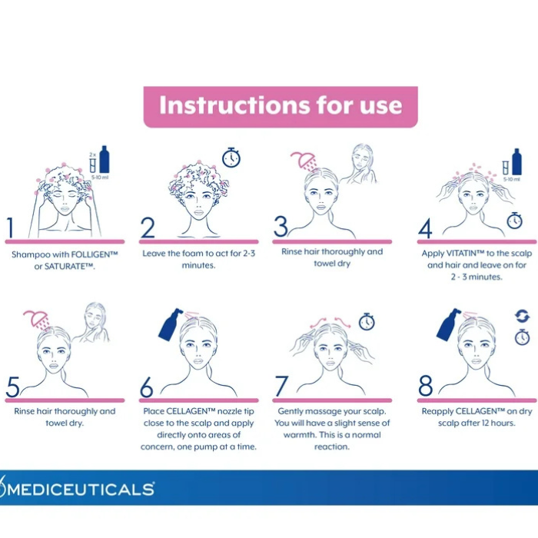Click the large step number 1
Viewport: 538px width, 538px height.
click(10, 227)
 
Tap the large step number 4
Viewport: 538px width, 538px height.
click(425, 228)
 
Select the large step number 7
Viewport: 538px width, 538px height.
click(281, 386)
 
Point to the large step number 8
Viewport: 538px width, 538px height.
click(426, 386)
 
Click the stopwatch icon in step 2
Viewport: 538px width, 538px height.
click(231, 158)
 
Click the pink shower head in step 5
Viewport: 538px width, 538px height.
click(36, 319)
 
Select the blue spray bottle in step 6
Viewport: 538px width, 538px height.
click(171, 325)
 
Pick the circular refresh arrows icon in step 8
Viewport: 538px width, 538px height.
click(522, 316)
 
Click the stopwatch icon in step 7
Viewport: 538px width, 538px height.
click(367, 322)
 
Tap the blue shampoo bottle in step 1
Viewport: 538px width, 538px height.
click(105, 159)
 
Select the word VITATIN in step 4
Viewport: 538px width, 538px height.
click(464, 254)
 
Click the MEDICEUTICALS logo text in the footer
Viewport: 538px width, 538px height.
click(77, 489)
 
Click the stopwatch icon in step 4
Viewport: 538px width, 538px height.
click(515, 221)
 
